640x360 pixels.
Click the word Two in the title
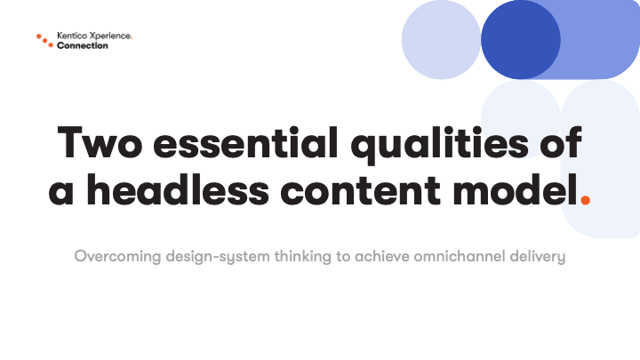point(100,142)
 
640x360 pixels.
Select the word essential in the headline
point(245,142)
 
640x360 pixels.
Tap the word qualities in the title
point(440,146)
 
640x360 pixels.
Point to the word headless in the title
point(178,190)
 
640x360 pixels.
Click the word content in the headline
point(360,191)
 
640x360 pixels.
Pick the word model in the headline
point(515,190)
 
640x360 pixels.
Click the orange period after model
point(585,200)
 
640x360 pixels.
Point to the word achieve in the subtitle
point(382,256)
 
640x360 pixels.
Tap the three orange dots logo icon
point(45,41)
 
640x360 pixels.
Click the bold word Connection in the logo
point(83,45)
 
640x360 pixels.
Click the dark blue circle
point(520,40)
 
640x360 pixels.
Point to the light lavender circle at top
point(441,40)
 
